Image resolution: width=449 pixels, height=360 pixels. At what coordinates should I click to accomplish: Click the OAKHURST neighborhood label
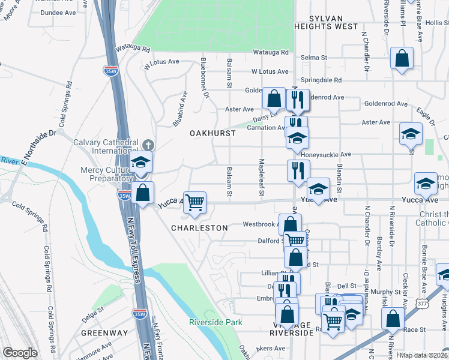pyautogui.click(x=213, y=133)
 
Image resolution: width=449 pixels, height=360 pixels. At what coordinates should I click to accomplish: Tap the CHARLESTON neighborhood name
pyautogui.click(x=199, y=228)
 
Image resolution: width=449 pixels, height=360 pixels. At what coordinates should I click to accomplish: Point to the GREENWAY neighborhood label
pyautogui.click(x=104, y=333)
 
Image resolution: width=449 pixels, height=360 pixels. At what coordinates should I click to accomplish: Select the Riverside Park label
pyautogui.click(x=215, y=322)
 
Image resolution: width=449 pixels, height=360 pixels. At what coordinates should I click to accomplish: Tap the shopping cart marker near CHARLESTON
pyautogui.click(x=194, y=203)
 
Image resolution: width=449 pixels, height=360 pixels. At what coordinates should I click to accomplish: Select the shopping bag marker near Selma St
pyautogui.click(x=402, y=59)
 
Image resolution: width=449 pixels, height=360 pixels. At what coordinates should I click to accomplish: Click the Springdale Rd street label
pyautogui.click(x=321, y=80)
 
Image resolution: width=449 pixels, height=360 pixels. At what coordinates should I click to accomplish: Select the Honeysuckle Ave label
pyautogui.click(x=325, y=155)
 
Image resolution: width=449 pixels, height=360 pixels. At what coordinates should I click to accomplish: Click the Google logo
pyautogui.click(x=20, y=353)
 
